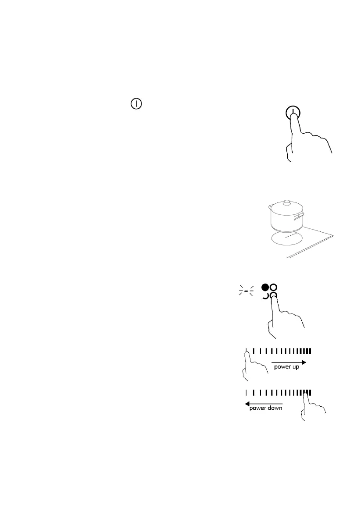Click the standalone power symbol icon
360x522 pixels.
137,105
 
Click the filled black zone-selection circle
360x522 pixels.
265,288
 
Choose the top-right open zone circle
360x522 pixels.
274,288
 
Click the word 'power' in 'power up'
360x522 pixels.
282,367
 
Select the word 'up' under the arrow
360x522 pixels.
296,367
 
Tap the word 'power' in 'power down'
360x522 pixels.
258,408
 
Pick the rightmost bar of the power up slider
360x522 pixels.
310,351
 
